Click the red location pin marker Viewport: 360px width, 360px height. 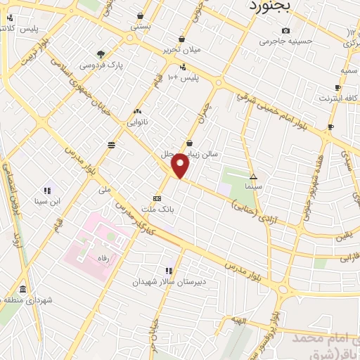point(181,165)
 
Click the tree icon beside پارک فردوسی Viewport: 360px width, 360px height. point(101,53)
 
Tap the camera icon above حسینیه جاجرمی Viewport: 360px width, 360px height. point(285,30)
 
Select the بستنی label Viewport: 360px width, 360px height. point(141,25)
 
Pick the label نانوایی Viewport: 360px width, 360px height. point(137,122)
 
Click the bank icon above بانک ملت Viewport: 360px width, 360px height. point(157,198)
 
